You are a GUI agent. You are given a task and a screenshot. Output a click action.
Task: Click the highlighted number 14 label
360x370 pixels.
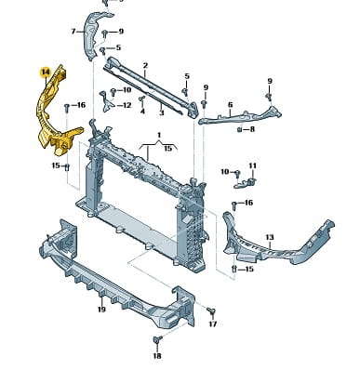tap(46, 73)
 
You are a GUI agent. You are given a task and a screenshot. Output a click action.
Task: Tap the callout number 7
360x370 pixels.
tap(73, 32)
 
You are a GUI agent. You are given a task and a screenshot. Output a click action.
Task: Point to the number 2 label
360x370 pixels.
tap(145, 66)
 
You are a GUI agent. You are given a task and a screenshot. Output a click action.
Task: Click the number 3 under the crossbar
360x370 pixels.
tap(161, 112)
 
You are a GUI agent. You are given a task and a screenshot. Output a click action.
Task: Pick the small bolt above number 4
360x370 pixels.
tap(142, 99)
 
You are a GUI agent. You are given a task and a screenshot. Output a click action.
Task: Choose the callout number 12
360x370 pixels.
tap(127, 105)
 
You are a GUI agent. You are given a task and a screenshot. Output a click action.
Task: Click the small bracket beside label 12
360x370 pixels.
tap(105, 100)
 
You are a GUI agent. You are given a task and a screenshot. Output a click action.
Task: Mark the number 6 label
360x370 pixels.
tap(230, 105)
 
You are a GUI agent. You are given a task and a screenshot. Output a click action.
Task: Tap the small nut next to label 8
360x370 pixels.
tap(239, 129)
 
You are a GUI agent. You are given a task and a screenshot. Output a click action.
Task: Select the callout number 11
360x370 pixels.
tap(253, 165)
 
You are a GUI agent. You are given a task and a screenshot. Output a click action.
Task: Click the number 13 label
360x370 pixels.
tap(270, 237)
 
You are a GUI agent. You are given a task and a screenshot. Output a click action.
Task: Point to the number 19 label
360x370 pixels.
tap(101, 309)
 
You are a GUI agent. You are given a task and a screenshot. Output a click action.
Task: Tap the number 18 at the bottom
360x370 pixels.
tap(157, 356)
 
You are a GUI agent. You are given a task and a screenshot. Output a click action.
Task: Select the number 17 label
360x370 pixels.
tap(213, 324)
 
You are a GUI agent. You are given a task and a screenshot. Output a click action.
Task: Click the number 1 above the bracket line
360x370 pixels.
tap(159, 135)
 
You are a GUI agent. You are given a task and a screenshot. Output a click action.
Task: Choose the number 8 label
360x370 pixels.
tap(252, 129)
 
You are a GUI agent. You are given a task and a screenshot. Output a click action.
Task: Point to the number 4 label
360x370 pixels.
tap(142, 111)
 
